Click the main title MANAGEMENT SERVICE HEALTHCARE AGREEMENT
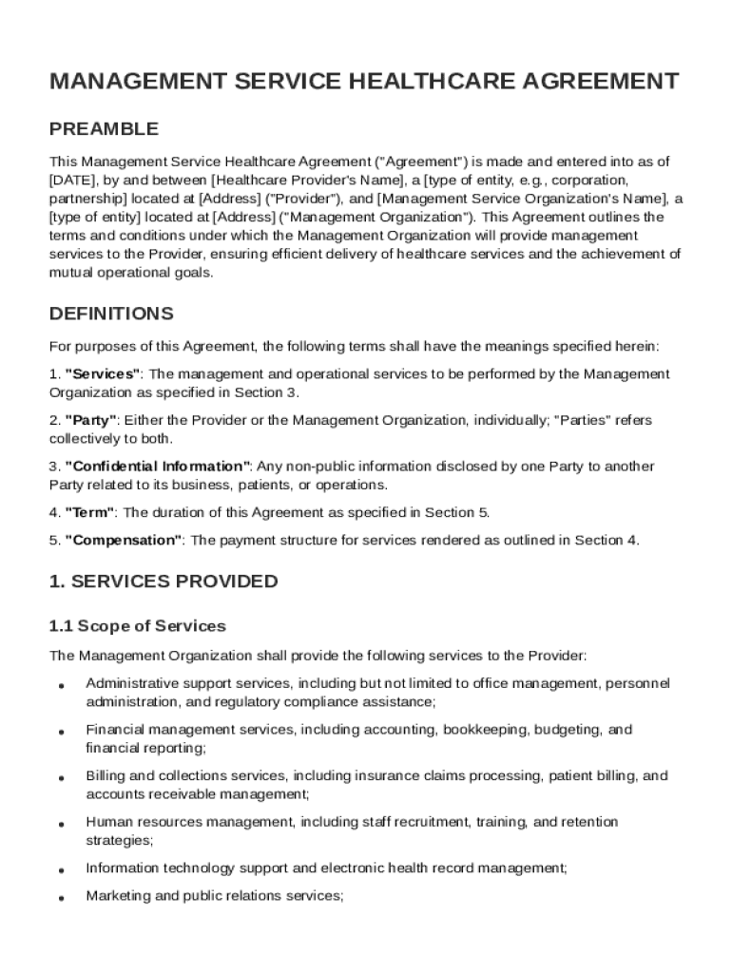tap(364, 82)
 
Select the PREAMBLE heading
tap(104, 129)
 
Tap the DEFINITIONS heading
tap(111, 314)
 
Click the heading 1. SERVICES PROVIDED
tap(164, 582)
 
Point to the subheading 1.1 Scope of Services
tap(138, 626)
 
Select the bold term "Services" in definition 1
tap(103, 374)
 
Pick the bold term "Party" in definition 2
tap(91, 420)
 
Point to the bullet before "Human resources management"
tap(61, 824)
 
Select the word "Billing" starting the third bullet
tap(102, 776)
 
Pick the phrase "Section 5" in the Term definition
tap(456, 513)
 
